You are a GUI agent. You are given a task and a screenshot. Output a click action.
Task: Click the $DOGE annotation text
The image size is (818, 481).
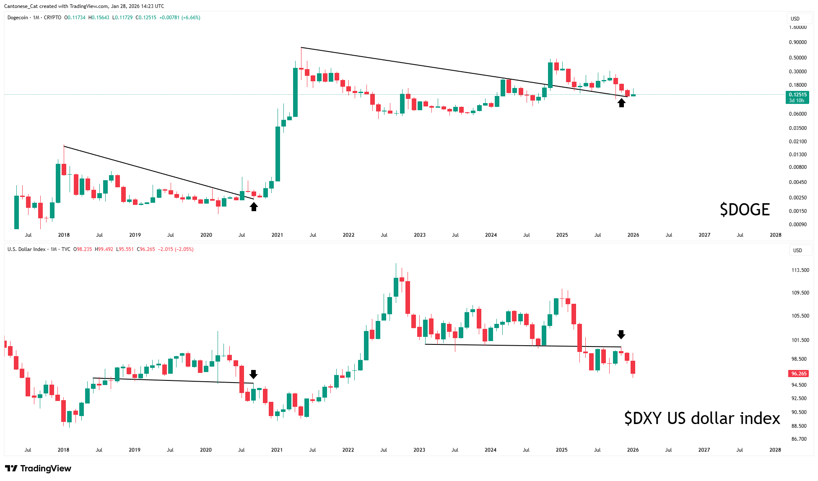[745, 209]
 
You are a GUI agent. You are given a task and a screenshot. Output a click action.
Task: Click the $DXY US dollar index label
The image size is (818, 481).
[702, 418]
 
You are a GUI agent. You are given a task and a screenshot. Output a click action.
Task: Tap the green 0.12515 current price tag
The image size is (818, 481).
[797, 97]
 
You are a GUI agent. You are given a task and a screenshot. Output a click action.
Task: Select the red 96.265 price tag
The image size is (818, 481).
[798, 373]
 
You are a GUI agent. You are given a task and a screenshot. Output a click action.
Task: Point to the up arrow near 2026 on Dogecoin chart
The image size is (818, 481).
[621, 102]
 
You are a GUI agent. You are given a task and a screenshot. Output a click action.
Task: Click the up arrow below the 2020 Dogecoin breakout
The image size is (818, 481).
[254, 207]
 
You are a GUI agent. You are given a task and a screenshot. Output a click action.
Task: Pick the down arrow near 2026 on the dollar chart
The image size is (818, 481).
[621, 334]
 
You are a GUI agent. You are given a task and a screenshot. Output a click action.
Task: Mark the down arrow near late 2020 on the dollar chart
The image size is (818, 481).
[253, 374]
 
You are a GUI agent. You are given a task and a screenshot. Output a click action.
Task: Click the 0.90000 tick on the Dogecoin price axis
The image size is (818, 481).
[797, 42]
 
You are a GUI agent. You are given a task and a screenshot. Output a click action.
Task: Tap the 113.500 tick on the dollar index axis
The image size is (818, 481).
[800, 270]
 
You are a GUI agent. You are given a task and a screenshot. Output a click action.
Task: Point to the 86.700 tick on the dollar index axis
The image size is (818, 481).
[799, 439]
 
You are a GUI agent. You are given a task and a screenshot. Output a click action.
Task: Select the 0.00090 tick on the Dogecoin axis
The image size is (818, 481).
[797, 225]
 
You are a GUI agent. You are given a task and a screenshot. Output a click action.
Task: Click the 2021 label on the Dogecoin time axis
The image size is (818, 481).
[277, 235]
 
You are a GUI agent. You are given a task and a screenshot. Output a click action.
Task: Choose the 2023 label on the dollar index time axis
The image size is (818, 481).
[419, 450]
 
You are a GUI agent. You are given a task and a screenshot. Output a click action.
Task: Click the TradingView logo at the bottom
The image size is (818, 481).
[39, 468]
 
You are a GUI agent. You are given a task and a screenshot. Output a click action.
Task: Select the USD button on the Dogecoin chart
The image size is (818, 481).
[795, 19]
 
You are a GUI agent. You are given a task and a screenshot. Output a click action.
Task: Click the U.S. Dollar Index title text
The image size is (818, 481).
[26, 249]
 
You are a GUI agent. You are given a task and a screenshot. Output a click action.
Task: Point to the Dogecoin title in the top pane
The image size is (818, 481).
[18, 18]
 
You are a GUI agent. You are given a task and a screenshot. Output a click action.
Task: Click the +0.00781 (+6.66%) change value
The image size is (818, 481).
[179, 18]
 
